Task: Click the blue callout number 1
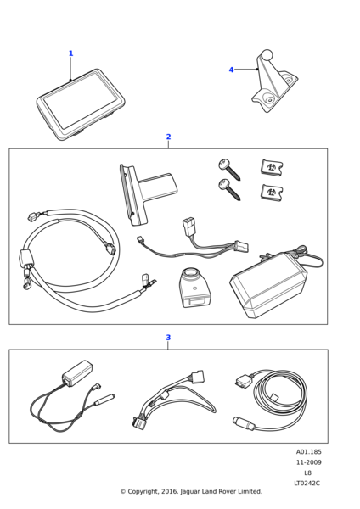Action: tap(71, 53)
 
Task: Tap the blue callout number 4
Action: tap(231, 70)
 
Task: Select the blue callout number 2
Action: tap(168, 137)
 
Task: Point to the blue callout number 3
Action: tap(168, 338)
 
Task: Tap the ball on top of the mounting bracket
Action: tap(267, 55)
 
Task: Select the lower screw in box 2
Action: tap(229, 189)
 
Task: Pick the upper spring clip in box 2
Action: tap(272, 168)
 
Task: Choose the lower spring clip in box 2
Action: tap(272, 193)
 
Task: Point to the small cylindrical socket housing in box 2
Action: tap(193, 288)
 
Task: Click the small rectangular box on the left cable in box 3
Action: tap(77, 372)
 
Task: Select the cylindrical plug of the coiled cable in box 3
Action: tap(243, 422)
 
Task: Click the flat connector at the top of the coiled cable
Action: tap(244, 379)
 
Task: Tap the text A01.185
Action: tap(308, 452)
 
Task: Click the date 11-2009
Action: tap(308, 462)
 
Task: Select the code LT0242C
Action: tap(307, 484)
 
